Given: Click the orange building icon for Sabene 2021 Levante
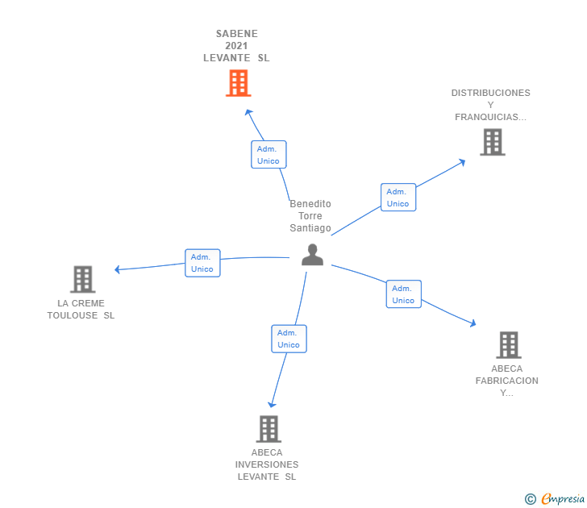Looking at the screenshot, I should click(x=237, y=83).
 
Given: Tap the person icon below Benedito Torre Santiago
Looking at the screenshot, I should click(x=312, y=254).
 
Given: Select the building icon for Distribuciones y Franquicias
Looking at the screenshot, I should click(x=492, y=142).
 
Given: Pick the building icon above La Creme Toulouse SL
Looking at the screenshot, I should click(x=82, y=279).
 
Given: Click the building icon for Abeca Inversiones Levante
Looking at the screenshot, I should click(x=269, y=428).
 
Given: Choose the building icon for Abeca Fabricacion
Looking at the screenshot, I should click(x=508, y=344).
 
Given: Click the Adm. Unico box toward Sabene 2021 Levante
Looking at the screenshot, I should click(x=269, y=155).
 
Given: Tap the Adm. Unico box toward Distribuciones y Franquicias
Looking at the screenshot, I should click(x=398, y=198).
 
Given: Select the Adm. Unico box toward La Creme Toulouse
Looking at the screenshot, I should click(x=202, y=263).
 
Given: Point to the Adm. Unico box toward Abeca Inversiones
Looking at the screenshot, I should click(x=289, y=339).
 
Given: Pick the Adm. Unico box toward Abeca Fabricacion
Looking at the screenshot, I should click(x=403, y=294).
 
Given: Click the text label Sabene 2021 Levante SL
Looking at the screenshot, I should click(x=236, y=46).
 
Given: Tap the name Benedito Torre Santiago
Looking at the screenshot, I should click(x=310, y=216).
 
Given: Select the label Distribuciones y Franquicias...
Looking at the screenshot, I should click(x=490, y=105).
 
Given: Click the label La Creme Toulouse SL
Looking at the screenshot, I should click(x=81, y=310).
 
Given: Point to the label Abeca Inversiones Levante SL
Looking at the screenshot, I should click(x=267, y=464).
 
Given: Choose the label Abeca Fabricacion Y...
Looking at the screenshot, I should click(x=506, y=381).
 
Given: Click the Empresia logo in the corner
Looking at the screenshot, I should click(x=561, y=499).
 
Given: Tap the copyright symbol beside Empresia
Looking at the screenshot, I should click(x=530, y=499).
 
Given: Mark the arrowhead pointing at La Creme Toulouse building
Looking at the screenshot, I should click(x=118, y=269).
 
